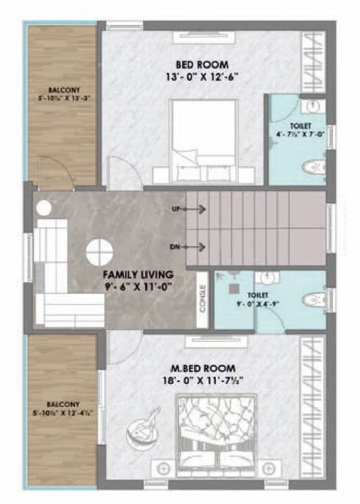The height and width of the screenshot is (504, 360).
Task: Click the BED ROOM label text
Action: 202,64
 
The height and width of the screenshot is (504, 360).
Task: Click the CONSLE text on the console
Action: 203,299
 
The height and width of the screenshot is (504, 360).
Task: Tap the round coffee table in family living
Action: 100,251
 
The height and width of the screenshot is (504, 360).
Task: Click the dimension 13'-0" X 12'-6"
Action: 202,76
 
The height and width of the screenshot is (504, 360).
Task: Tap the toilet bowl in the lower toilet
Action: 314,300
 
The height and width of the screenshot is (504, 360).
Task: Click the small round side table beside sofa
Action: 43,209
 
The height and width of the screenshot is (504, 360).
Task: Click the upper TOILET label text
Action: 303,125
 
